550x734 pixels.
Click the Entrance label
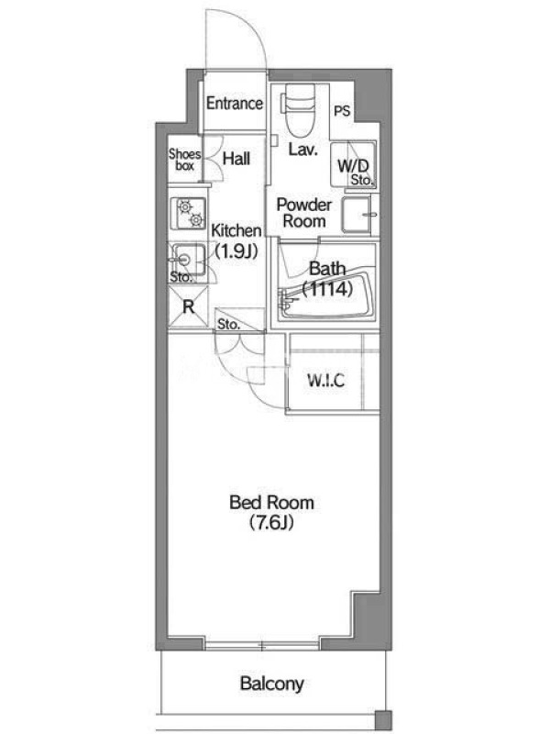[x=235, y=103]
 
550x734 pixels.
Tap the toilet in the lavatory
[x=299, y=109]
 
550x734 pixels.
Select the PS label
[x=342, y=111]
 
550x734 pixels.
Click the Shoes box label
[x=185, y=159]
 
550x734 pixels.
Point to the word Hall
[x=236, y=159]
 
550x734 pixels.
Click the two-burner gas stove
[x=188, y=213]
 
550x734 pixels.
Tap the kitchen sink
[x=187, y=260]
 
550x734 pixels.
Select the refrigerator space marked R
[x=188, y=306]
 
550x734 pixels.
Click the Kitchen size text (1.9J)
[x=236, y=251]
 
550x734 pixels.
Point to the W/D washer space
[x=353, y=164]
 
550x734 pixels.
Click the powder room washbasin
[x=357, y=215]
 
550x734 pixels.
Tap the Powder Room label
[x=304, y=213]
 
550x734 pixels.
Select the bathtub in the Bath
[x=326, y=295]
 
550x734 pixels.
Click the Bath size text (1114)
[x=327, y=289]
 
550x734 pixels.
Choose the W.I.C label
[x=326, y=380]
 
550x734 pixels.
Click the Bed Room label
[x=271, y=502]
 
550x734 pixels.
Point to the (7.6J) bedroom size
[x=271, y=522]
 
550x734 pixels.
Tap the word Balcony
[x=271, y=684]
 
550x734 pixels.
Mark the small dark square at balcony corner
[x=383, y=719]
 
